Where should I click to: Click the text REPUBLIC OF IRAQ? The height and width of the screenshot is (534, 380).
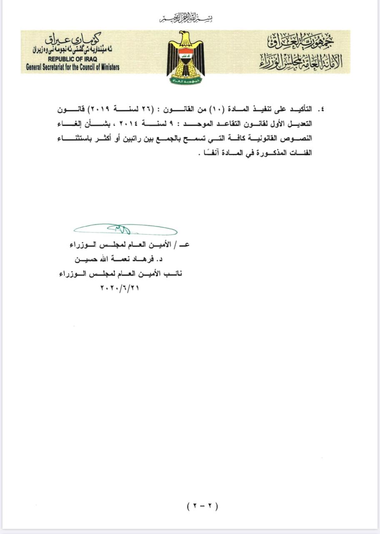(72, 59)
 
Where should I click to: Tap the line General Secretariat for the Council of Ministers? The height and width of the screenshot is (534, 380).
(72, 67)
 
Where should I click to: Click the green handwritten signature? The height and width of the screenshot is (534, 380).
(125, 229)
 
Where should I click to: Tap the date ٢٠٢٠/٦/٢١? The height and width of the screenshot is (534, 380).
(119, 287)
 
